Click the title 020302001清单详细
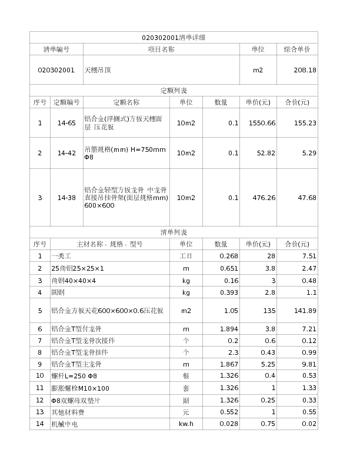(x=174, y=38)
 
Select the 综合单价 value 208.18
(x=305, y=70)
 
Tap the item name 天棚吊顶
(x=98, y=70)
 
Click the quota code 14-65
(x=66, y=123)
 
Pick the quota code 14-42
(x=66, y=153)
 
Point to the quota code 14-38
(x=66, y=198)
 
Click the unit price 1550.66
(x=262, y=123)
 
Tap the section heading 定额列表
(x=174, y=91)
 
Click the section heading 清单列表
(x=174, y=232)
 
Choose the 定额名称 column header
(x=126, y=102)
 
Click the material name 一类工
(x=61, y=256)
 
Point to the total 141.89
(x=305, y=311)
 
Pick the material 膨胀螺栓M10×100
(x=81, y=388)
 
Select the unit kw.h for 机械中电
(x=186, y=424)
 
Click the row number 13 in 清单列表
(x=40, y=412)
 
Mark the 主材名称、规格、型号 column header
(x=109, y=244)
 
